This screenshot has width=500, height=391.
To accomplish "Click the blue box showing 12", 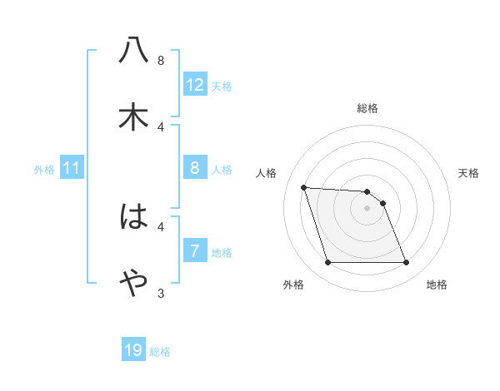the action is click(195, 85).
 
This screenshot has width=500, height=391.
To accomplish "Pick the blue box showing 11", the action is click(72, 169).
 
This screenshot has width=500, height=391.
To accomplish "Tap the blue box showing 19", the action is click(133, 350).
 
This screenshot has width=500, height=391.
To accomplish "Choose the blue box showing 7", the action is click(195, 251).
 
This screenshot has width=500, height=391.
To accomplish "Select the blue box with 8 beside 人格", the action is click(195, 169).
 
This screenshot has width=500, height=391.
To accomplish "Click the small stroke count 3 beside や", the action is click(161, 293).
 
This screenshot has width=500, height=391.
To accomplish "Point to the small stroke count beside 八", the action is click(161, 60).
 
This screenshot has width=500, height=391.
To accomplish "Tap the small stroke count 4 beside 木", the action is click(161, 126).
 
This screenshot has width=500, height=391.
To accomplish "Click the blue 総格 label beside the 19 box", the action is click(160, 352).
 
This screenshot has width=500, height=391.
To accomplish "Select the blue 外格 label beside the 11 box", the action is click(44, 170).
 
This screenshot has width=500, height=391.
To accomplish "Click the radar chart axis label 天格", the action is click(468, 173).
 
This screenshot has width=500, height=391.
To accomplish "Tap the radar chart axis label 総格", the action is click(367, 108).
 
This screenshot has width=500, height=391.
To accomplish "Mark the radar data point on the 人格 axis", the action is click(303, 187).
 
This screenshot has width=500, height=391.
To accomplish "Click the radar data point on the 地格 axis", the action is click(406, 263).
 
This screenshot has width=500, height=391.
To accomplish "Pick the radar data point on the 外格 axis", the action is click(327, 263).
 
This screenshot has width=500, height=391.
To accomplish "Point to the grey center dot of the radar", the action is click(367, 208).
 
